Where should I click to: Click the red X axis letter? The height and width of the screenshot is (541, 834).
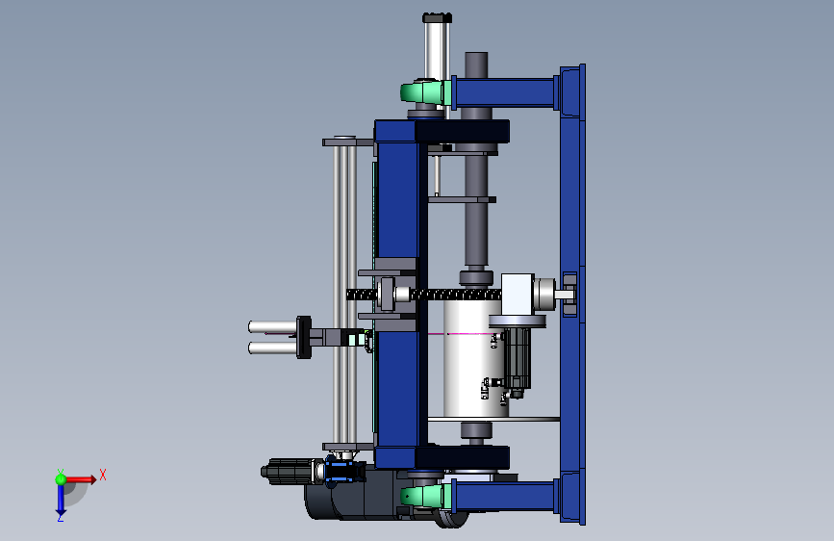point(103,475)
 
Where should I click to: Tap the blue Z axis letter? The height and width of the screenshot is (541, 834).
point(61,517)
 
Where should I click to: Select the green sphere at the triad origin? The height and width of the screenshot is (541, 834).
point(61,479)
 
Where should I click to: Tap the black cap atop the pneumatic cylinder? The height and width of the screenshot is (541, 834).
point(438,18)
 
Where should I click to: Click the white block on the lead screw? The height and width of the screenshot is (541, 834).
point(517,295)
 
